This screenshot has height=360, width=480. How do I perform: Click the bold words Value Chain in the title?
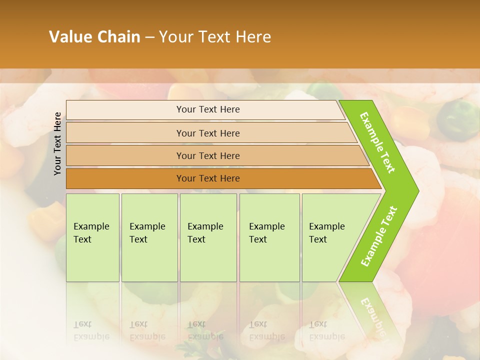[94, 37]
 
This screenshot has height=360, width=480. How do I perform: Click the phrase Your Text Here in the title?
[215, 37]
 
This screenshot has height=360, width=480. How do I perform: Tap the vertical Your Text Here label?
[57, 143]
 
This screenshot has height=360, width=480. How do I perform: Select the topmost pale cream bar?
[205, 110]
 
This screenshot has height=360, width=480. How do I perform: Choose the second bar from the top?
[207, 133]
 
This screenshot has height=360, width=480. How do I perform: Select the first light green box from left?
[92, 237]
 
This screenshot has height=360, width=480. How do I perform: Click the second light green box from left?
[149, 237]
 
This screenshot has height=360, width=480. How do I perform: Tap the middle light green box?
[208, 237]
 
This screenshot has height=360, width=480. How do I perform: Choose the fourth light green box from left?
[269, 237]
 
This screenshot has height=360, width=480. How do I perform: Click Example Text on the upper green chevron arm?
[377, 142]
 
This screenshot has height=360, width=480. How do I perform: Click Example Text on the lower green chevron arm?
[379, 236]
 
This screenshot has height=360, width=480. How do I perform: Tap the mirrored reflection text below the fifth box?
[326, 330]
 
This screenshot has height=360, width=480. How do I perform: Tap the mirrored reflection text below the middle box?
[205, 330]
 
